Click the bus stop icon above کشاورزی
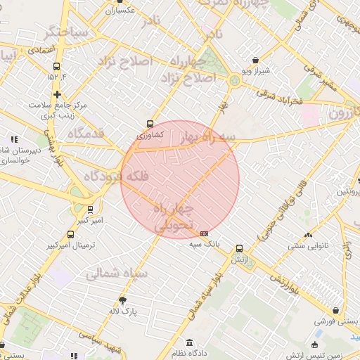pos(149,123)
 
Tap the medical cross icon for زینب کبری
pos(57,94)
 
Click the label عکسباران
pos(120,11)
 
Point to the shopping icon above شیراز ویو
pos(255,60)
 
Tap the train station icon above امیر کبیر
pos(90,209)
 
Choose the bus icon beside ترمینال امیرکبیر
pos(70,235)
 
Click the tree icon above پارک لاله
pos(124,300)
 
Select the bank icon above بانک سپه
pos(205,233)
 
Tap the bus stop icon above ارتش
pos(240,248)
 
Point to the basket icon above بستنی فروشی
pos(336,310)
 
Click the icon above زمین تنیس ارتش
pos(314,345)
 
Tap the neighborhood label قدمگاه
pos(86,133)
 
